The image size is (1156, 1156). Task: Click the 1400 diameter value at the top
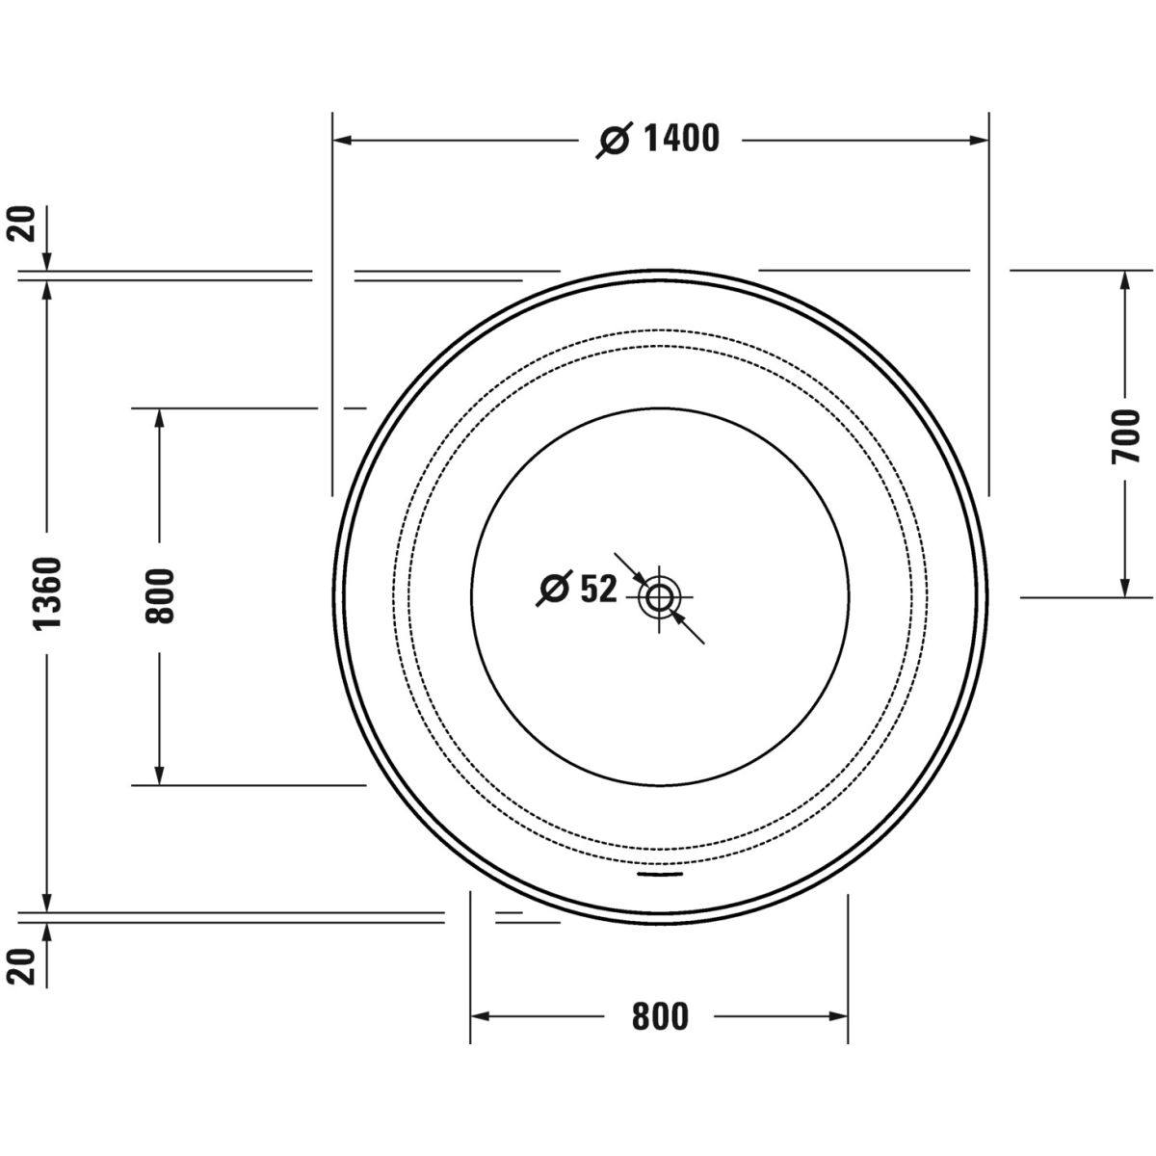(x=681, y=139)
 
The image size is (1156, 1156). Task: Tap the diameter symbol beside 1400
(x=615, y=141)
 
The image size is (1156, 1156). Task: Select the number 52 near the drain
(x=597, y=589)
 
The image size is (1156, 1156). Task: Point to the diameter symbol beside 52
(x=554, y=589)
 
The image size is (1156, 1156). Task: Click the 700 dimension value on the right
(x=1125, y=436)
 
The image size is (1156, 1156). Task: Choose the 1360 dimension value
(x=47, y=593)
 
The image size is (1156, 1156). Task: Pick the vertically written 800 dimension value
(x=160, y=596)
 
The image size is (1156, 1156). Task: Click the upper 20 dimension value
(x=21, y=223)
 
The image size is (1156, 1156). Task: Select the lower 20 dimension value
(x=21, y=967)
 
